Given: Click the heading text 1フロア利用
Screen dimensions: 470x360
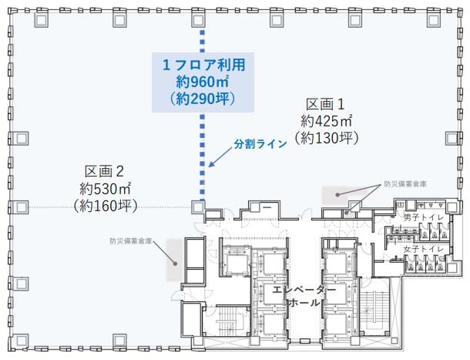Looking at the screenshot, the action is point(204,65).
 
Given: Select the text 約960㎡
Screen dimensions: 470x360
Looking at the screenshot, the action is point(203,82).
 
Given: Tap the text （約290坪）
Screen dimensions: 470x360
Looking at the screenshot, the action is point(203,99).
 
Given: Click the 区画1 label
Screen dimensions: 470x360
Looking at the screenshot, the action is point(325,105).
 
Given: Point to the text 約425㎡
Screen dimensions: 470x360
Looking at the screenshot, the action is point(326,121).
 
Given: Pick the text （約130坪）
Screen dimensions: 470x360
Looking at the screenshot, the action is point(326,138).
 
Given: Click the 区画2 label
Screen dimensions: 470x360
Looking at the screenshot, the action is point(104,172).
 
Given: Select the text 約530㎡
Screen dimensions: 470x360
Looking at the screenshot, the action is point(105,189).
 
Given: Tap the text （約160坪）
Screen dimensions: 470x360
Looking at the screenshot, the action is point(105,206).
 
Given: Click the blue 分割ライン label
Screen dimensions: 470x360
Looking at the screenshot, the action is point(260,144).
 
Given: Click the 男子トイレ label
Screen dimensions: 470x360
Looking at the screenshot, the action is point(423,218).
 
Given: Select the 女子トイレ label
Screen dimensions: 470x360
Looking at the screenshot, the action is point(423,249).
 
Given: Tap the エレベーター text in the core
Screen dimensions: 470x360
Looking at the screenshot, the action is point(304,290).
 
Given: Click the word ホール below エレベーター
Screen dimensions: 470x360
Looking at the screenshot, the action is point(304,303).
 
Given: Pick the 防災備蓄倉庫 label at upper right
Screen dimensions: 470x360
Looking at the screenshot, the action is point(405,184).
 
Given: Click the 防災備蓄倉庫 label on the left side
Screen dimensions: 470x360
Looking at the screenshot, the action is point(131,241).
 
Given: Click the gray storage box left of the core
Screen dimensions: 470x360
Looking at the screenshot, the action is point(174,260).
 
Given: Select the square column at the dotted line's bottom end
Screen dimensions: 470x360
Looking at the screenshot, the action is point(198,207).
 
